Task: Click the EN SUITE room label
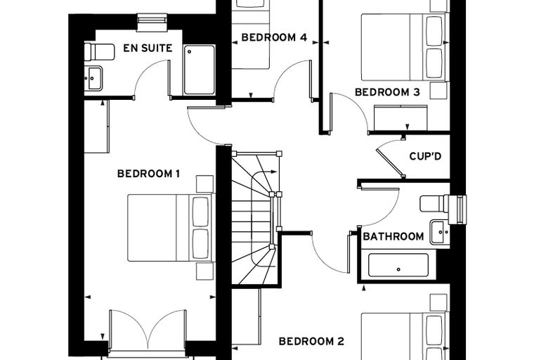tap(148, 48)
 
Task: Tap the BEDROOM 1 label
tap(148, 174)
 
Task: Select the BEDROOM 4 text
tap(274, 37)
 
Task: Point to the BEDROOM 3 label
tap(387, 92)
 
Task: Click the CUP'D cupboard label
tap(425, 156)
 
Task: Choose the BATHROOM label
tap(393, 236)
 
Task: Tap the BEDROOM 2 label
tap(311, 341)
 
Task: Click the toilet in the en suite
tap(100, 51)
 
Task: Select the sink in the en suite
tap(93, 79)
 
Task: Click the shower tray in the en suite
tap(200, 70)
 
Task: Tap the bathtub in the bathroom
tap(398, 265)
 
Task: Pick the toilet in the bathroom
tap(434, 203)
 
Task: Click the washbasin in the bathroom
tap(440, 232)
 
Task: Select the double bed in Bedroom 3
tap(405, 47)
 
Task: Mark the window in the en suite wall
tap(152, 22)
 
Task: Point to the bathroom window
tap(457, 210)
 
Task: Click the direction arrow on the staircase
tap(264, 177)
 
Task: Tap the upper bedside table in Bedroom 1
tap(204, 184)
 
